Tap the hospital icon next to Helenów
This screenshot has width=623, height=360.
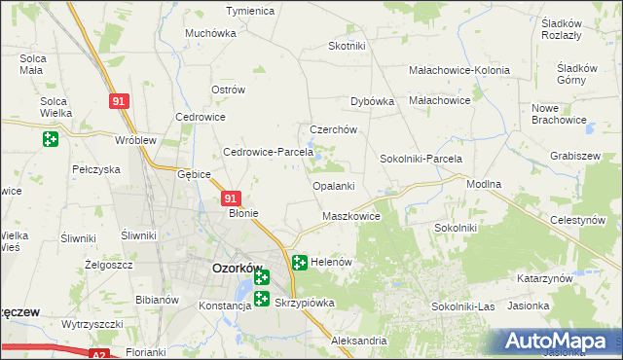click(x=300, y=263)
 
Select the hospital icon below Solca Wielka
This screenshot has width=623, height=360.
click(x=51, y=139)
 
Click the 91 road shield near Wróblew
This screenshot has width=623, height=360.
click(x=119, y=101)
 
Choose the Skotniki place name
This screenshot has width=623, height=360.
click(x=347, y=46)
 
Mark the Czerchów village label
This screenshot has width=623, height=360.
click(x=334, y=129)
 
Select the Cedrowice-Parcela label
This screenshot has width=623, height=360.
click(x=268, y=152)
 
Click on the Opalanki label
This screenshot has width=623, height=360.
click(x=333, y=185)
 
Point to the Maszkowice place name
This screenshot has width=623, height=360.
click(x=350, y=216)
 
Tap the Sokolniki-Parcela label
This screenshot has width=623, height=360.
click(x=421, y=159)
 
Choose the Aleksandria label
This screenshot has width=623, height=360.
click(x=358, y=342)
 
